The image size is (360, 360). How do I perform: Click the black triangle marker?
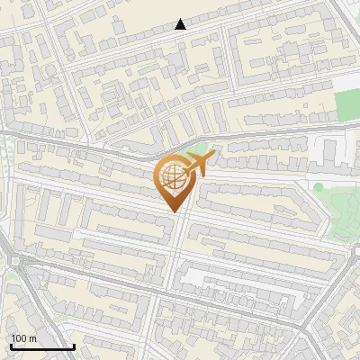[x=181, y=24]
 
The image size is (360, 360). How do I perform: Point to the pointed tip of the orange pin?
[x=173, y=211]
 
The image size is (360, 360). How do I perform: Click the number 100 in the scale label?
[x=20, y=339]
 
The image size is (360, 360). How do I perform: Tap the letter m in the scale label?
[x=33, y=339]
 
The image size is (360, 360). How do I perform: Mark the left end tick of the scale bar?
[x=10, y=345]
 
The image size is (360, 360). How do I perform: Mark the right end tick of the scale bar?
[x=74, y=345]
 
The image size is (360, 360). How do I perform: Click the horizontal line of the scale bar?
[x=41, y=346]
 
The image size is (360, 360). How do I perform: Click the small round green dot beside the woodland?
[x=318, y=187]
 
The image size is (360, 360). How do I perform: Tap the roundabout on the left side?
[x=14, y=262]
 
